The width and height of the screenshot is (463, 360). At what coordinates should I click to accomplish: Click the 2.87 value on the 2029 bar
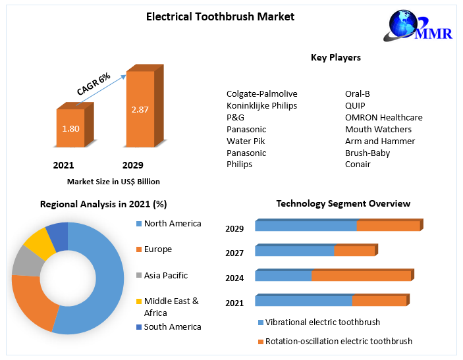140,109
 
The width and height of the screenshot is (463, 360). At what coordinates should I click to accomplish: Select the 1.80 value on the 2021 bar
70,128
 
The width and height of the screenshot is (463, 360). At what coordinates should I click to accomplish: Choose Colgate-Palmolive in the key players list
261,93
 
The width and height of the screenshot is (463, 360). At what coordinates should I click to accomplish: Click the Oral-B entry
358,93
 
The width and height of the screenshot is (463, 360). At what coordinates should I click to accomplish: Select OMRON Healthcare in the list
383,117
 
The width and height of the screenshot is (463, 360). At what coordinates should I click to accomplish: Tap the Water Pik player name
246,141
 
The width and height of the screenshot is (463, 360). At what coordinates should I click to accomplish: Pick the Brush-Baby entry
368,153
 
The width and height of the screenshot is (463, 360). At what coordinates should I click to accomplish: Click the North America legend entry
173,224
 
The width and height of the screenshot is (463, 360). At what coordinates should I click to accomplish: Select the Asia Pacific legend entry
166,276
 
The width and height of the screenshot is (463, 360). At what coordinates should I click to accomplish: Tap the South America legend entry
173,326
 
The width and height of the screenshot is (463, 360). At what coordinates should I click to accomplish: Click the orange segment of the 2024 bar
361,276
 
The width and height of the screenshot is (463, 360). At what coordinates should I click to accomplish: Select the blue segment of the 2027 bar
294,251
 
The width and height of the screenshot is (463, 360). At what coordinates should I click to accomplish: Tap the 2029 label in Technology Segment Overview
234,229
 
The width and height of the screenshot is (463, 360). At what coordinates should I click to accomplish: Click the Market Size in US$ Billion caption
113,182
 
